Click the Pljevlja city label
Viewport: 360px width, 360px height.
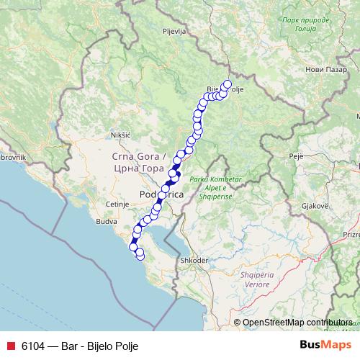tap(174, 32)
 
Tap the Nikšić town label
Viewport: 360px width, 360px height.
tap(120, 135)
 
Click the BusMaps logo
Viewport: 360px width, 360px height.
tap(322, 346)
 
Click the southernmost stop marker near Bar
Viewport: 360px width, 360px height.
tap(140, 256)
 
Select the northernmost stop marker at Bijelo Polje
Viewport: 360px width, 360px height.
tap(228, 84)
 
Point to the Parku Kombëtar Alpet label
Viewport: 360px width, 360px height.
tap(212, 183)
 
